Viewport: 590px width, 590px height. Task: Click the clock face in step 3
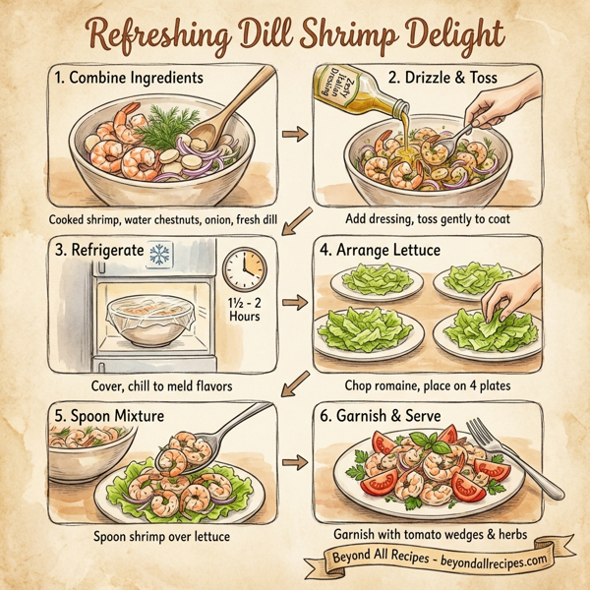pos(244,267)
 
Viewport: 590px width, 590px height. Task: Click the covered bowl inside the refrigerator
pos(144,317)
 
